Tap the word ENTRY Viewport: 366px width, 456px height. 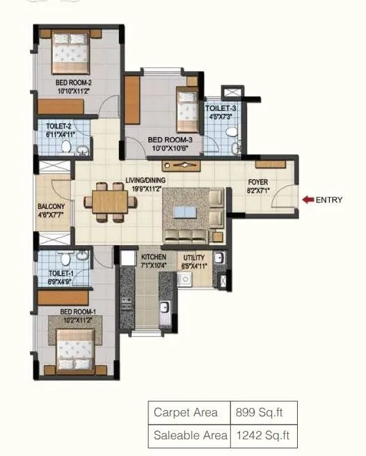point(330,200)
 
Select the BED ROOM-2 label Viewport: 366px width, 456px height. point(74,82)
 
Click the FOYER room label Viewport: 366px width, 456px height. point(258,183)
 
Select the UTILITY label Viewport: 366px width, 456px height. point(194,257)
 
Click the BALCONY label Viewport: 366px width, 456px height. point(51,207)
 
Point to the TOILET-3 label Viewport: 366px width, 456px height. point(221,108)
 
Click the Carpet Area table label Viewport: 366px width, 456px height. point(186,412)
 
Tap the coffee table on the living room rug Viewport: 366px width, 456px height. point(185,211)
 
